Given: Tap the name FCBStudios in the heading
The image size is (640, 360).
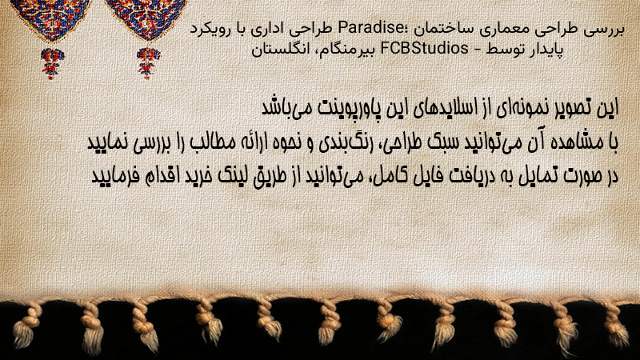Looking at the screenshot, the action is pyautogui.click(x=425, y=49).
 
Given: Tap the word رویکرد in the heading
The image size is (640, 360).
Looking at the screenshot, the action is pyautogui.click(x=207, y=29).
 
